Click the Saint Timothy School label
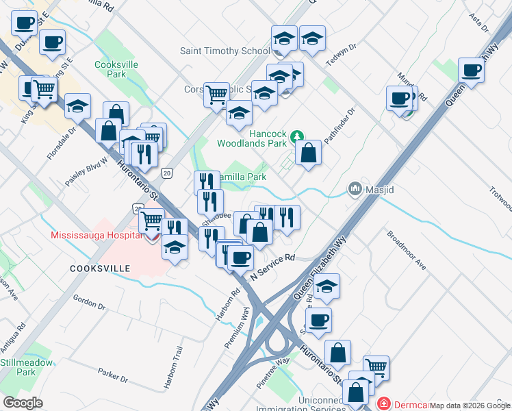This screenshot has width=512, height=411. pos(225,51)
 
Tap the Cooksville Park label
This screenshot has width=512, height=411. pos(110,68)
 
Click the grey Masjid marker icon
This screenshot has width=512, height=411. pos(355,188)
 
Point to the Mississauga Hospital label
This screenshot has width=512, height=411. pos(94,235)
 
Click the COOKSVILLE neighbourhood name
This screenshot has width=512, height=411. pos(100,269)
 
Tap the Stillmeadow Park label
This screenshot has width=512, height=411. pos(26,367)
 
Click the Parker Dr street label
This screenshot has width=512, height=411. pos(113,375)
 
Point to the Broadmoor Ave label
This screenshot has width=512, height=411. pos(406,249)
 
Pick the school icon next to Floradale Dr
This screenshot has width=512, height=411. pos(78,105)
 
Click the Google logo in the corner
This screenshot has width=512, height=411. pos(23,403)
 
